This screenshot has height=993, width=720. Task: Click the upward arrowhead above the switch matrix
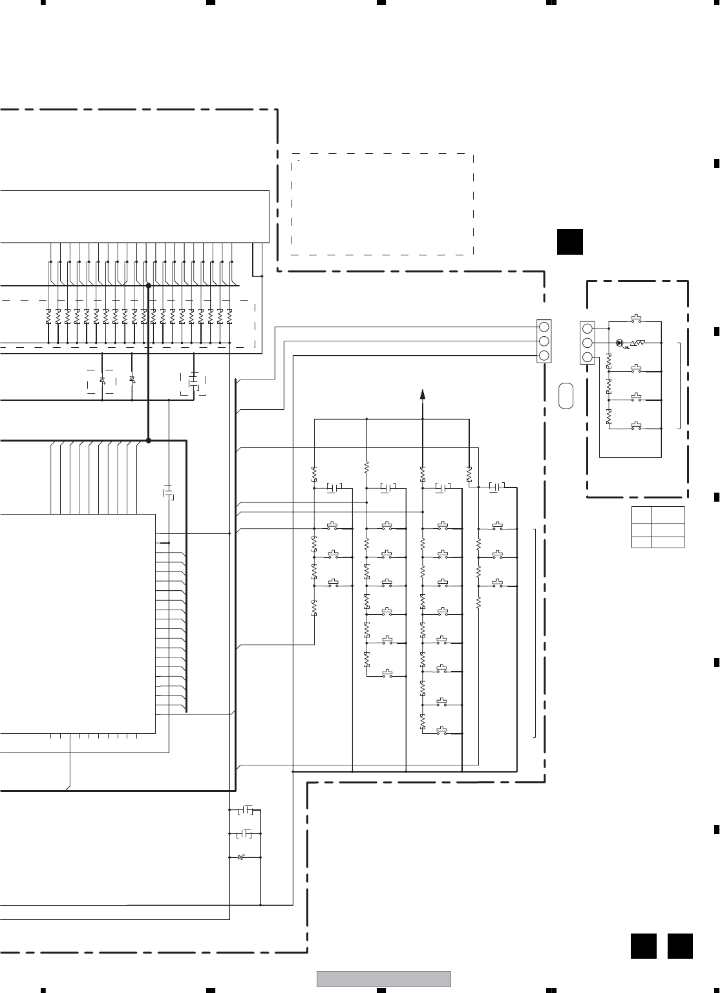[423, 394]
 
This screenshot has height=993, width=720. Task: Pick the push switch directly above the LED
[637, 319]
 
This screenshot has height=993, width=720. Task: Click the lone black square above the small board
[570, 242]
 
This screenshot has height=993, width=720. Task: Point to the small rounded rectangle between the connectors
[566, 394]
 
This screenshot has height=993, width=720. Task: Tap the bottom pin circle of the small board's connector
[588, 358]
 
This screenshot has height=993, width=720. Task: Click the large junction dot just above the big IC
[148, 440]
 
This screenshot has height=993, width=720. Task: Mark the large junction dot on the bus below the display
[148, 285]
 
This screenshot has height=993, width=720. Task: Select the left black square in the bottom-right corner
[644, 946]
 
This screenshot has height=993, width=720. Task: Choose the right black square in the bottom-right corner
[680, 946]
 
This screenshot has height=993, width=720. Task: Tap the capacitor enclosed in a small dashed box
[193, 383]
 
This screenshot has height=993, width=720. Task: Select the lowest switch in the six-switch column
[387, 674]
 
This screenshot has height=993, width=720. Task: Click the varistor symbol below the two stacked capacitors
[242, 857]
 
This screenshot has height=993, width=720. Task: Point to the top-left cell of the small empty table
[641, 515]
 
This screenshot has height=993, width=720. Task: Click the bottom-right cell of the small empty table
[668, 542]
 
